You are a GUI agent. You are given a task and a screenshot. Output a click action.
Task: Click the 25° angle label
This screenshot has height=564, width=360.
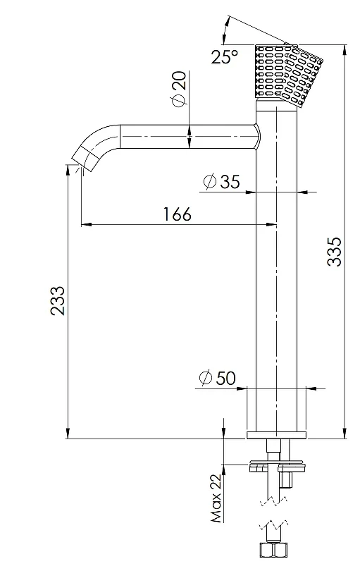(224, 56)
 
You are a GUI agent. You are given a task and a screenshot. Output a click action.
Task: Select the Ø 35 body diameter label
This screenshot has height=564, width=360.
(221, 181)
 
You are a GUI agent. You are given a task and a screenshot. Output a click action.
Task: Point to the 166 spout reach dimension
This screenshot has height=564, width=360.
(178, 214)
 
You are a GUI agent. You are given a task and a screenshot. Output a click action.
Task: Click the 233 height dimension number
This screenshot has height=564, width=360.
(58, 301)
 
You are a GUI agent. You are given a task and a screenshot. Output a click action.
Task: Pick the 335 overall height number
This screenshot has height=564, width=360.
(335, 251)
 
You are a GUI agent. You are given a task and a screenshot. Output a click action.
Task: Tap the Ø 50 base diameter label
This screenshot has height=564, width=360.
(218, 378)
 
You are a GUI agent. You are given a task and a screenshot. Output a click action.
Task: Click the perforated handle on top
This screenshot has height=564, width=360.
(287, 74)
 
